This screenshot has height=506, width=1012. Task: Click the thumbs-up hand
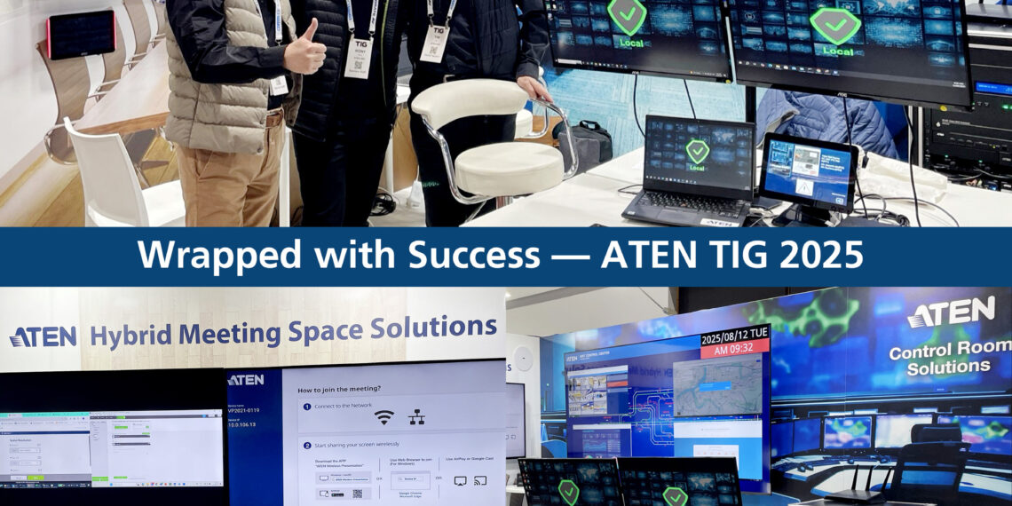coord(304,48)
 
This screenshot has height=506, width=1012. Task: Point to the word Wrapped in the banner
coord(196,256)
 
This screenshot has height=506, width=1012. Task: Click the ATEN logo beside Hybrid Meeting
coord(43,336)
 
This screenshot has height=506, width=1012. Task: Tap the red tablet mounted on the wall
coord(82,34)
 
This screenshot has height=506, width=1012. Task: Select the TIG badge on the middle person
coord(358,58)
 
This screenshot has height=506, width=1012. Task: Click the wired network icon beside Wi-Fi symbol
coord(417,416)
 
